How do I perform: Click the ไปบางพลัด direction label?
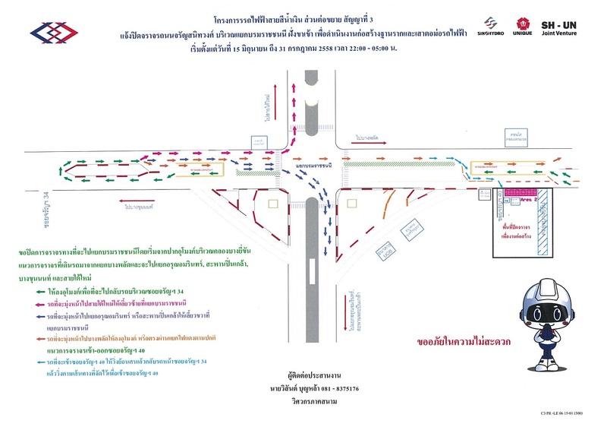(x=370, y=138)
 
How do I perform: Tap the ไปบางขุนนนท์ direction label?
(x=137, y=205)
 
